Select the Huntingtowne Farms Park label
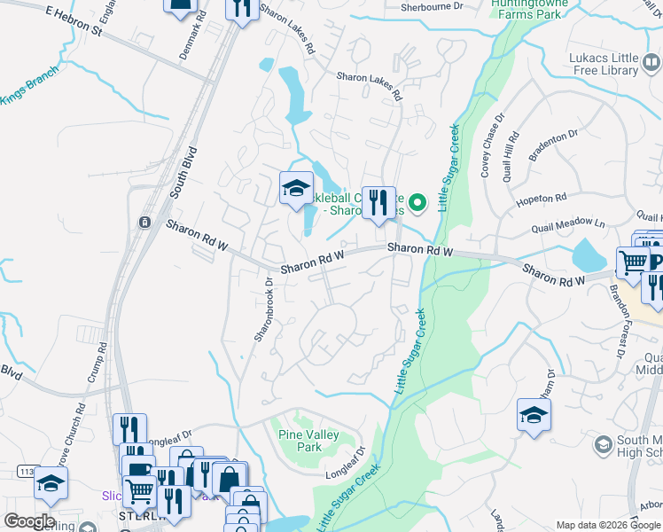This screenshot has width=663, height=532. point(530,9)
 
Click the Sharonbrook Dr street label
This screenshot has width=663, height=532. point(261,309)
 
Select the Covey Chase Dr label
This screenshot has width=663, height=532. point(492,145)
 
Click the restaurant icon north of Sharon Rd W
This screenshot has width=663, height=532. point(378,202)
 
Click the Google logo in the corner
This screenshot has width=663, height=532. point(29,521)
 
